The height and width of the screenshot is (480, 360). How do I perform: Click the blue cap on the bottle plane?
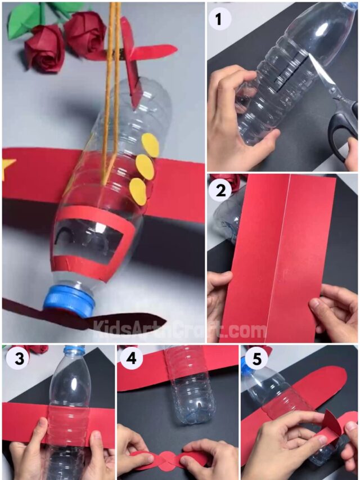[69, 302]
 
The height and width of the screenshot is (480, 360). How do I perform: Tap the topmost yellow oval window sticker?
[150, 145]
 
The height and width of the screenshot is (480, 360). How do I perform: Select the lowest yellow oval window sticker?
[138, 191]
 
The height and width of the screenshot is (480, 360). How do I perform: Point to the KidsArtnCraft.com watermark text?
[180, 329]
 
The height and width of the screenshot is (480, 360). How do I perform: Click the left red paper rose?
[44, 48]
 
